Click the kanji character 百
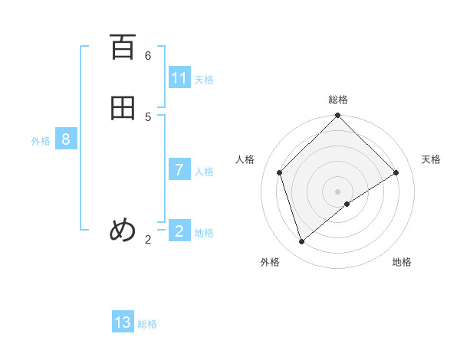click(x=123, y=48)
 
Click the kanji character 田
click(x=123, y=109)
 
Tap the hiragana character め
click(x=123, y=231)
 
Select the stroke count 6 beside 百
click(x=148, y=56)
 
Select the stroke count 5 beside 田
click(x=148, y=116)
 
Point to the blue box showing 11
click(x=179, y=78)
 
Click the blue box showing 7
click(x=179, y=170)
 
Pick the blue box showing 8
click(x=66, y=139)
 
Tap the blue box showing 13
click(x=123, y=322)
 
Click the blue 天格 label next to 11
click(x=204, y=80)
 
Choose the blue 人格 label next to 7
click(x=204, y=172)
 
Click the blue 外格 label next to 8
click(x=41, y=141)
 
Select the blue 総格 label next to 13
click(x=147, y=324)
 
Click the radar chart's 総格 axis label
click(x=338, y=100)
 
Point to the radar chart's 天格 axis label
click(x=431, y=159)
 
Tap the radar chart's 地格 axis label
click(x=402, y=262)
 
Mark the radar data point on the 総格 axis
click(x=338, y=116)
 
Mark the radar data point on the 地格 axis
click(x=347, y=204)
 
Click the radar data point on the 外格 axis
click(x=302, y=241)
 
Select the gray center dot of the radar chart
click(x=338, y=191)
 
